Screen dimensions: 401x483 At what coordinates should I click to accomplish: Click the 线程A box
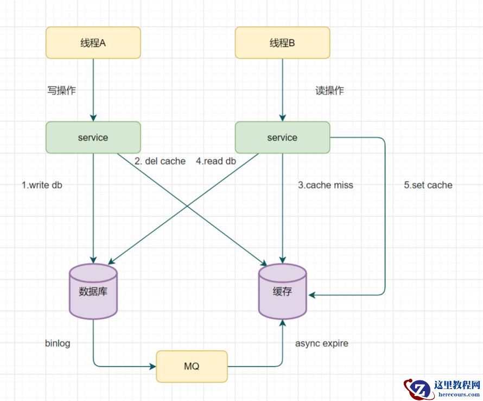(x=93, y=43)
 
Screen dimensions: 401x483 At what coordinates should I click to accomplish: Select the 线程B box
(x=282, y=43)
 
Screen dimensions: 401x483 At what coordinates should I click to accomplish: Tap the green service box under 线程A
(x=93, y=137)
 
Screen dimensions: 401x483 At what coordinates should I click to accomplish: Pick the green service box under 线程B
(x=282, y=137)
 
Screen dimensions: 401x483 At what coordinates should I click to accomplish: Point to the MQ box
(x=192, y=366)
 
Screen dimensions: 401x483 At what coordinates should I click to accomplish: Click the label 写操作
(x=61, y=91)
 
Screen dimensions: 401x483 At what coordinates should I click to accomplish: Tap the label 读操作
(x=329, y=91)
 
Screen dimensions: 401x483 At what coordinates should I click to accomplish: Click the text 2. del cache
(x=160, y=161)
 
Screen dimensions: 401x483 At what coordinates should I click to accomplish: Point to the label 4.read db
(x=216, y=161)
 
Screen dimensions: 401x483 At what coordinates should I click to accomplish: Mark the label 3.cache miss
(x=326, y=185)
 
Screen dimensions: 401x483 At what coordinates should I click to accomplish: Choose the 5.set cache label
(x=428, y=185)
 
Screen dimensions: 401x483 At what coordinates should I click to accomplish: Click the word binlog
(x=58, y=343)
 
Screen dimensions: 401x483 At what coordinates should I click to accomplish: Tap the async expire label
(x=322, y=343)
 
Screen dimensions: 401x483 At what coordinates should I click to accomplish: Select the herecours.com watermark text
(x=457, y=395)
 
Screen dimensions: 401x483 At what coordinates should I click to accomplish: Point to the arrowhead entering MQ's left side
(x=152, y=366)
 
